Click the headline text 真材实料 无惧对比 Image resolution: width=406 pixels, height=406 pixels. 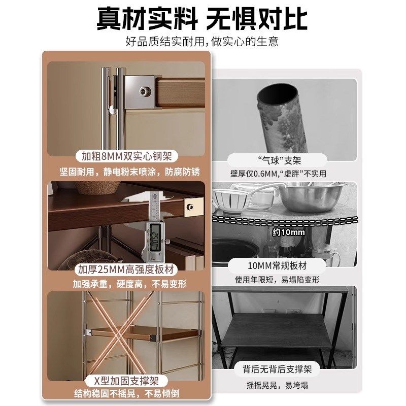coord(202,19)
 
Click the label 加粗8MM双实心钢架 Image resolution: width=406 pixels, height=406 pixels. coord(127,156)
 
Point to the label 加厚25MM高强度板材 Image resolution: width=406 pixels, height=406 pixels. coord(127,269)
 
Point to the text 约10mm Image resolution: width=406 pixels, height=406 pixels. coord(288,232)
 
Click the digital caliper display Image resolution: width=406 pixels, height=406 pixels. coord(154,236)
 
